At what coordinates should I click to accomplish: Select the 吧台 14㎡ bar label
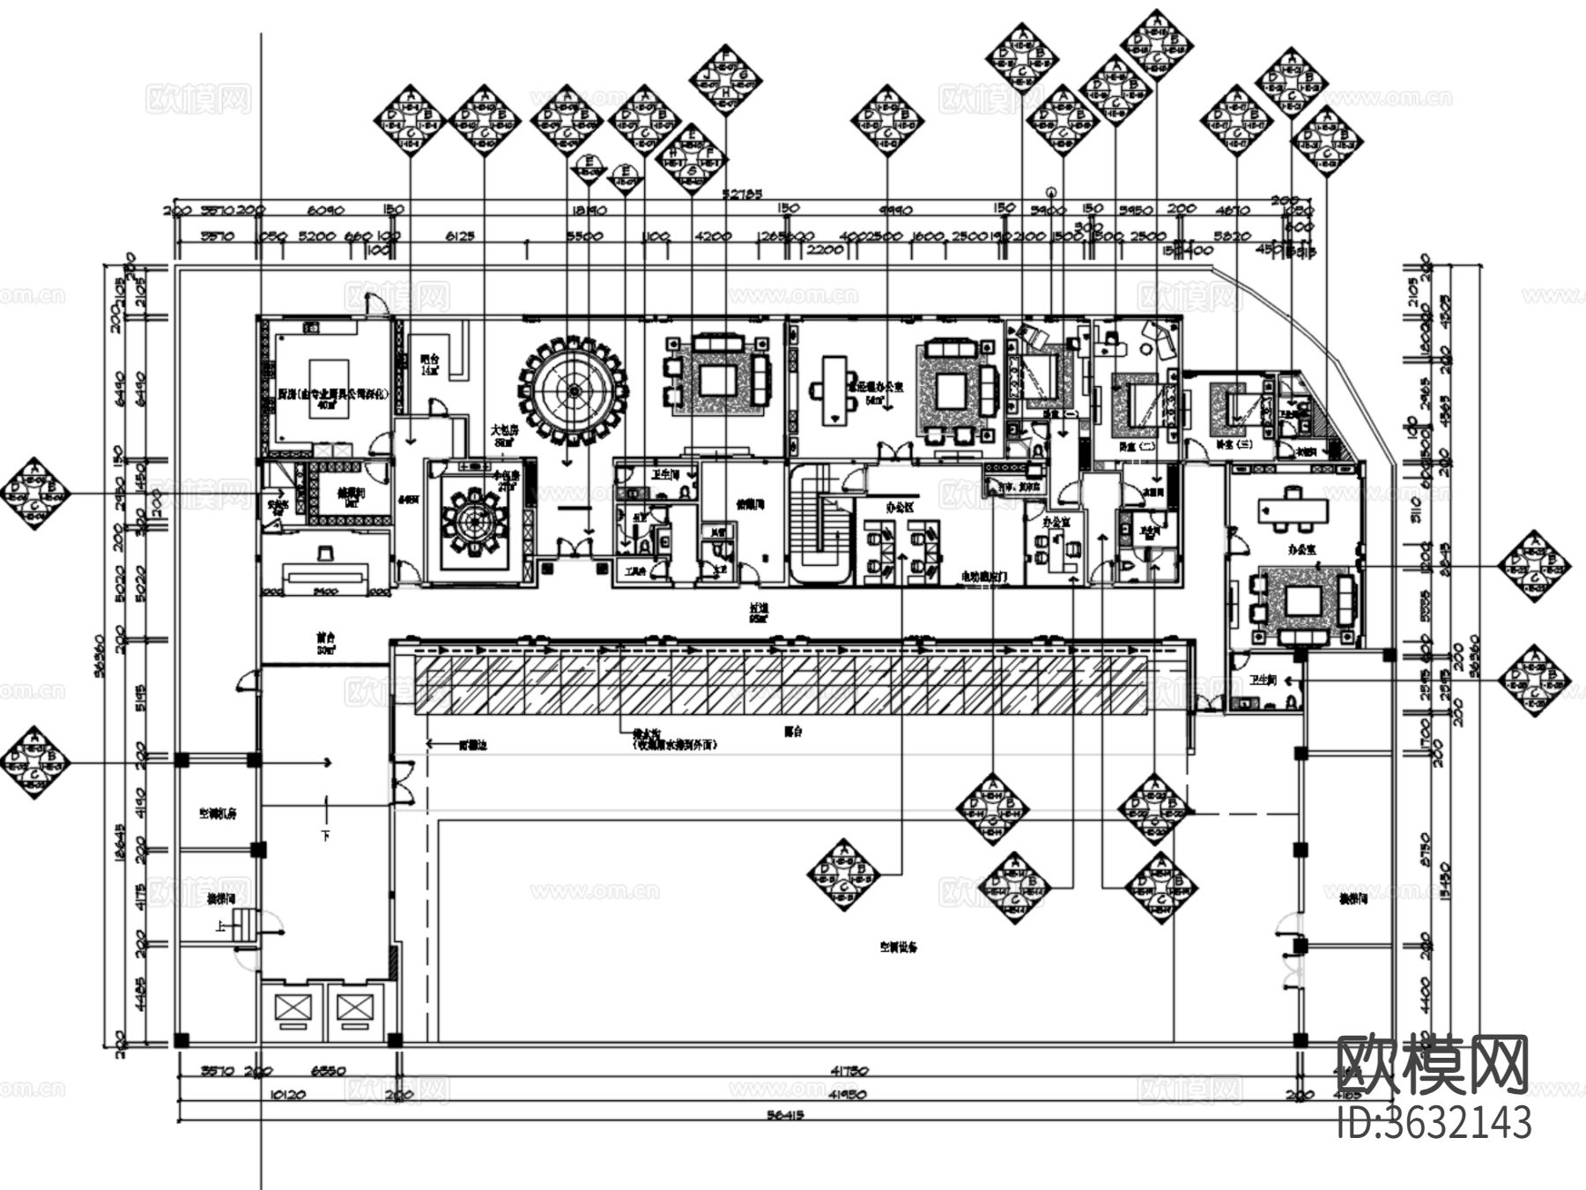coord(429,364)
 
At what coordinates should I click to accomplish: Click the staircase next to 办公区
coord(820,526)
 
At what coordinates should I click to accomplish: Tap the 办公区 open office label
coord(900,508)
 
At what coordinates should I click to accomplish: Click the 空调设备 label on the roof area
coord(899,948)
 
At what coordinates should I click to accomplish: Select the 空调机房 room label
coord(218,814)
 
